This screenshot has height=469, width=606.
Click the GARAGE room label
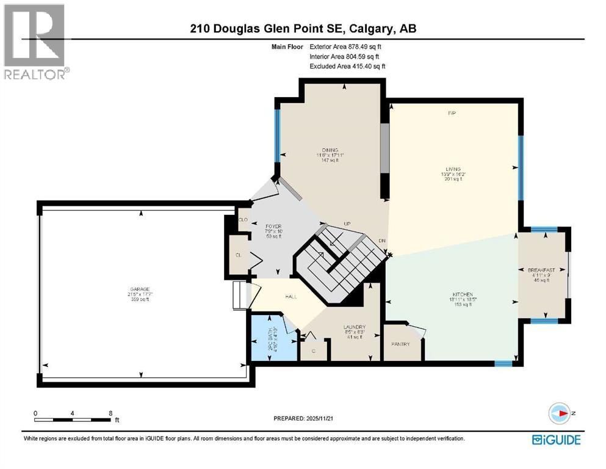(141, 289)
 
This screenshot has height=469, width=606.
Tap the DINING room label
(330, 150)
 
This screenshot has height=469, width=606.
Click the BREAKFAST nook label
(541, 270)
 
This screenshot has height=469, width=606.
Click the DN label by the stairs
(382, 241)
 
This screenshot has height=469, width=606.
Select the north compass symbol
(560, 413)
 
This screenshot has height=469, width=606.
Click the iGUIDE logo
(556, 439)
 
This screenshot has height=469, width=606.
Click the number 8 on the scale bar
(110, 413)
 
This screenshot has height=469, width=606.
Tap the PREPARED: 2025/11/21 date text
(303, 418)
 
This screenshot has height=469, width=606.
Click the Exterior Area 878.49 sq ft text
(348, 46)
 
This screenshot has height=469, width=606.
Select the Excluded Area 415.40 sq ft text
(348, 66)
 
